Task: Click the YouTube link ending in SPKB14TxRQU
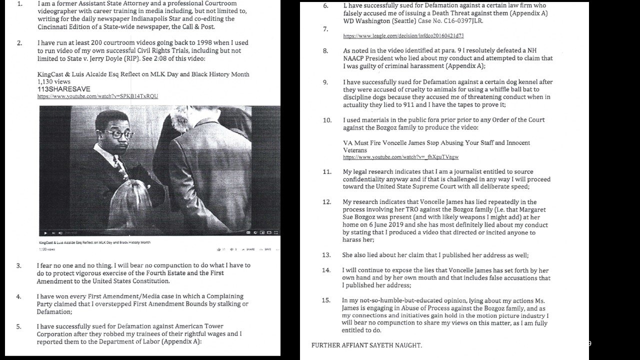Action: [x=97, y=96]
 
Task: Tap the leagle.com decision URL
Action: [x=403, y=36]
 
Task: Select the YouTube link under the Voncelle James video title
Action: [x=400, y=157]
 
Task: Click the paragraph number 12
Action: [x=326, y=202]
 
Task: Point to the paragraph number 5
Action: [x=19, y=326]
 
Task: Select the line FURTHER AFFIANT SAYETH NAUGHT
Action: [x=366, y=345]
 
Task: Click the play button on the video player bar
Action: [x=46, y=232]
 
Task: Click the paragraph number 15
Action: [x=326, y=300]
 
